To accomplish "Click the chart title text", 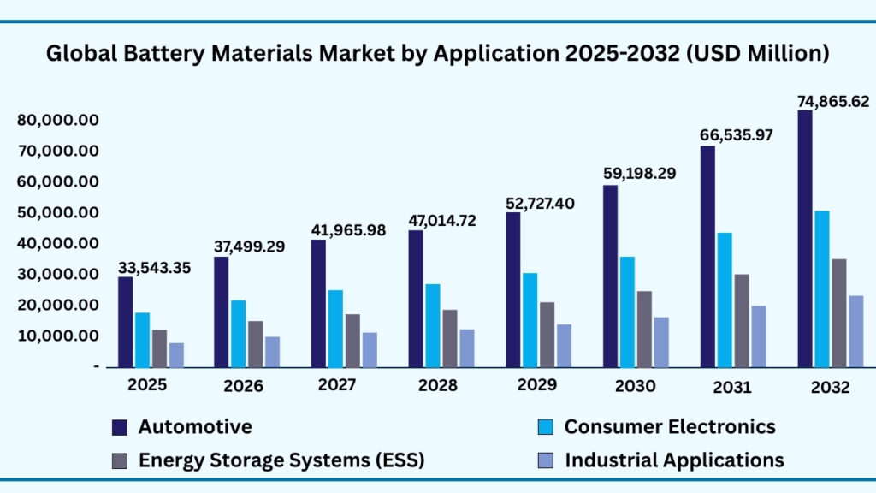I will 437,54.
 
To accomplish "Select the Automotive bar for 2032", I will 804,239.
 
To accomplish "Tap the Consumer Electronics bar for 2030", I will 627,312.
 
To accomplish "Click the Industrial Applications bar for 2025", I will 176,354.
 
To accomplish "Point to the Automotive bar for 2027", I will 318,303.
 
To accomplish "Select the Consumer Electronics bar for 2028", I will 432,325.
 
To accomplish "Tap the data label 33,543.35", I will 155,269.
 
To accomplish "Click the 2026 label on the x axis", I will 244,386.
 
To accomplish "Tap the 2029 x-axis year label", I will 536,384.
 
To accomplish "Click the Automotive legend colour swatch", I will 120,427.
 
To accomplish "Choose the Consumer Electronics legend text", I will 670,426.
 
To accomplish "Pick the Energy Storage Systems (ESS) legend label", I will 281,460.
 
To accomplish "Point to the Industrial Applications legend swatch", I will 545,460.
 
